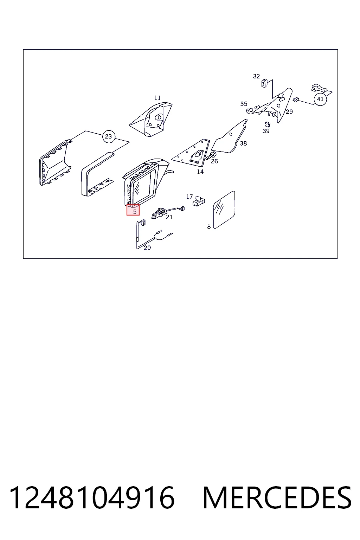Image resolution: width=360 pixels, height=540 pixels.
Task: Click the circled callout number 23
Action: (x=109, y=136)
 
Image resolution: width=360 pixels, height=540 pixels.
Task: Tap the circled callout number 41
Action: (x=320, y=99)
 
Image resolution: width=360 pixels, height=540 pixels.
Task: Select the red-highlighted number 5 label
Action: (x=133, y=210)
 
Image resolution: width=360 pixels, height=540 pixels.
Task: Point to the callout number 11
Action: (x=157, y=98)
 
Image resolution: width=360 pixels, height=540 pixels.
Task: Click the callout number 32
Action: (x=256, y=76)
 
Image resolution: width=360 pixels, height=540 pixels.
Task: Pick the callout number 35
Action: (x=244, y=104)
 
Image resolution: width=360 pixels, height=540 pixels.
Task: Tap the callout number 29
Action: (x=289, y=111)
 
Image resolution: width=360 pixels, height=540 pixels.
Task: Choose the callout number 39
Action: (x=266, y=131)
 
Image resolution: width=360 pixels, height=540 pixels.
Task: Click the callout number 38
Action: (x=243, y=143)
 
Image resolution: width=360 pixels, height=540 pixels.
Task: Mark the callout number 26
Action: (x=214, y=161)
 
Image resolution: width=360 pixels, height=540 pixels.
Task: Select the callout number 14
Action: (x=200, y=172)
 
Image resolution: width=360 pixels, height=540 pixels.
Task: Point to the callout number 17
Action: (x=189, y=197)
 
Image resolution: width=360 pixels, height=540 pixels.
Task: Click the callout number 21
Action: (x=169, y=217)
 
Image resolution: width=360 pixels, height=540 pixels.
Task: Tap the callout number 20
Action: (x=147, y=248)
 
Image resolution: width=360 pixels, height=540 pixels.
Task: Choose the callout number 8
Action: (x=209, y=227)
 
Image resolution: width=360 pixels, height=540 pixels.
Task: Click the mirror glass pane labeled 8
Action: (x=224, y=210)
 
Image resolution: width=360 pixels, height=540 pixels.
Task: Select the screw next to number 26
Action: (x=211, y=156)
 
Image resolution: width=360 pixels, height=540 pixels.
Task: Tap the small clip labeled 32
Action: (x=264, y=83)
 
